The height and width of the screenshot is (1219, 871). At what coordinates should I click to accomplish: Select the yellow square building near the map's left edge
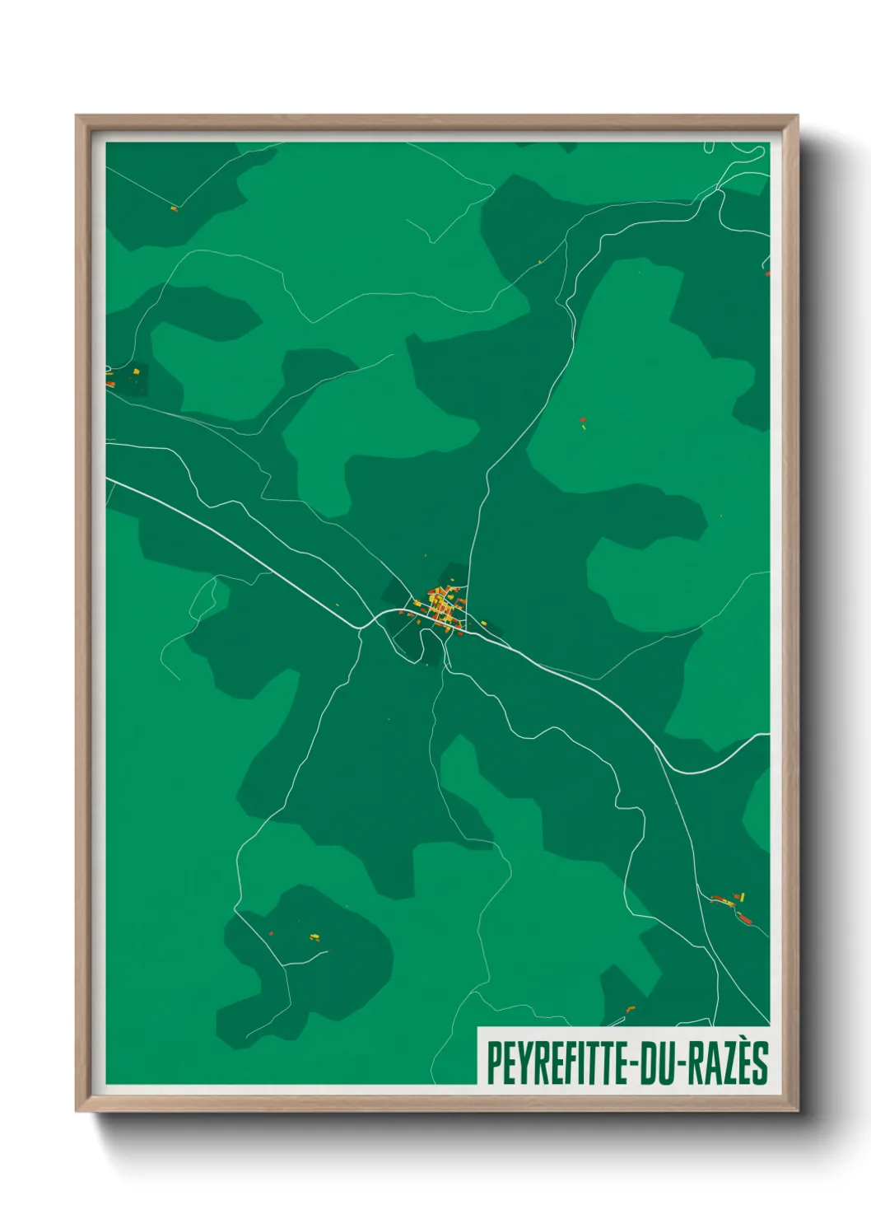click(136, 372)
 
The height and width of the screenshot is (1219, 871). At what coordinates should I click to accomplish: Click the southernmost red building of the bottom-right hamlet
click(746, 919)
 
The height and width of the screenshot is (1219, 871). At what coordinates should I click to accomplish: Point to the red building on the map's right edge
click(766, 273)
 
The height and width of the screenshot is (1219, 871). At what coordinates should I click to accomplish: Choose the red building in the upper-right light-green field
click(582, 419)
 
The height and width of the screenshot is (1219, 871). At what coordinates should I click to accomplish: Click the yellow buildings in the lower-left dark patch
click(314, 936)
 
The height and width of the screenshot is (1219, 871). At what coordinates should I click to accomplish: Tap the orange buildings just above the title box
click(631, 1008)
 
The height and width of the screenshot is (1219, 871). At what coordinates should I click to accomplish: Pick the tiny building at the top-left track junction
click(174, 208)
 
